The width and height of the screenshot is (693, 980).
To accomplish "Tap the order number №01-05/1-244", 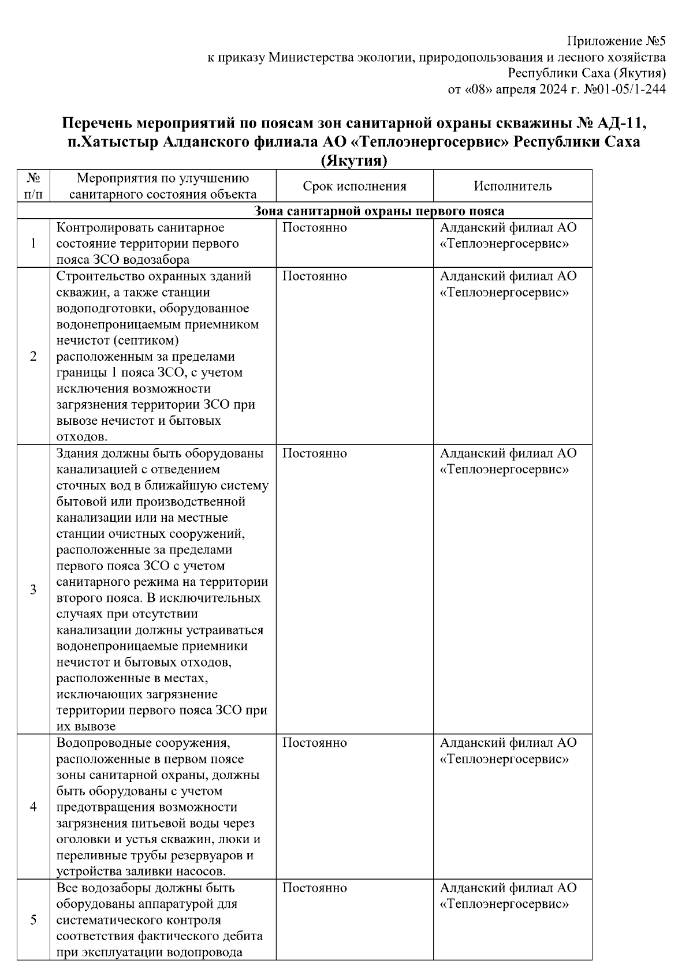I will click(625, 89).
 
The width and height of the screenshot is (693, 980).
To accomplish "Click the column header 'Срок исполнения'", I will click(354, 186).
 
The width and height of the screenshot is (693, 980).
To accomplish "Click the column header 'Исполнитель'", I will click(512, 186).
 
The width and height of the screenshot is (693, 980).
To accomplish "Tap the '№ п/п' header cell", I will click(33, 186).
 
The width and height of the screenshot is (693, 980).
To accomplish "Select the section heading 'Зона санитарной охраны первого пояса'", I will click(379, 211).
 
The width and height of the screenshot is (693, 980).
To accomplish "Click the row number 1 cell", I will click(33, 243).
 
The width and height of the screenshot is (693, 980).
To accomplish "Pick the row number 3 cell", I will click(33, 589).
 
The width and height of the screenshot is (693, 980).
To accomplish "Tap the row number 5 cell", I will click(33, 919).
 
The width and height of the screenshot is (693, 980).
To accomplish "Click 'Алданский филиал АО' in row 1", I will click(508, 228).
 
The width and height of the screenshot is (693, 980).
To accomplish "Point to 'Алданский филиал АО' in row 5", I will click(508, 888).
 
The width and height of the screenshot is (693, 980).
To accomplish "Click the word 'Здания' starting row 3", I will click(77, 454).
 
